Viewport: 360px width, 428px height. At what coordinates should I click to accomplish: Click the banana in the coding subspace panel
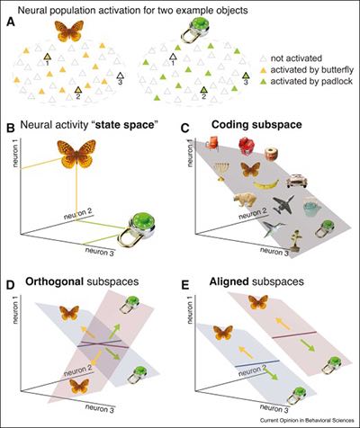coord(265,183)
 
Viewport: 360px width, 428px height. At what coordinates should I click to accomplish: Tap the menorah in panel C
coord(220,172)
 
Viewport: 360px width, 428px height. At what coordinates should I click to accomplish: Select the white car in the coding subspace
coord(297,181)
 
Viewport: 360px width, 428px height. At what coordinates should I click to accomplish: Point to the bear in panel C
coord(245,201)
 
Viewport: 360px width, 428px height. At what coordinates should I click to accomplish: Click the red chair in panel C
coord(211,142)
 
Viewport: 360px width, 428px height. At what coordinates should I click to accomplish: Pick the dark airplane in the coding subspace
coord(283,205)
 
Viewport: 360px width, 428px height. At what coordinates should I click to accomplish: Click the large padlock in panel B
coord(136,229)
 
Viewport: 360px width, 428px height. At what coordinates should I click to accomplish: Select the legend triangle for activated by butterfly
coord(263,70)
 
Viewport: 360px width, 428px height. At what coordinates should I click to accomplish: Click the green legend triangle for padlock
coord(263,82)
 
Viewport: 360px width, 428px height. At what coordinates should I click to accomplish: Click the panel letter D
coord(10,285)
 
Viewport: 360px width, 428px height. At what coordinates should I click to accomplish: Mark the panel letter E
coord(185,285)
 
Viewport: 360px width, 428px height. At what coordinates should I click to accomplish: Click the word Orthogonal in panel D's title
coord(54,281)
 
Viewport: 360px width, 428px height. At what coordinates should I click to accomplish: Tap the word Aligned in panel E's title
coord(229,281)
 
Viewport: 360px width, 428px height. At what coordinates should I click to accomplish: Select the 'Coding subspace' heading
coord(256,125)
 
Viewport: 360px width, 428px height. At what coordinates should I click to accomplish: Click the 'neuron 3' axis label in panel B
coord(100,252)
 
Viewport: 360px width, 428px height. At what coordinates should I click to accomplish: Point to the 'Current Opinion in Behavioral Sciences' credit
coord(307,420)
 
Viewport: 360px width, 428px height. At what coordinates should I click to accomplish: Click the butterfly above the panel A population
coord(69,31)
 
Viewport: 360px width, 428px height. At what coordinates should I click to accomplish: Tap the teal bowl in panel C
coord(312,208)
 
